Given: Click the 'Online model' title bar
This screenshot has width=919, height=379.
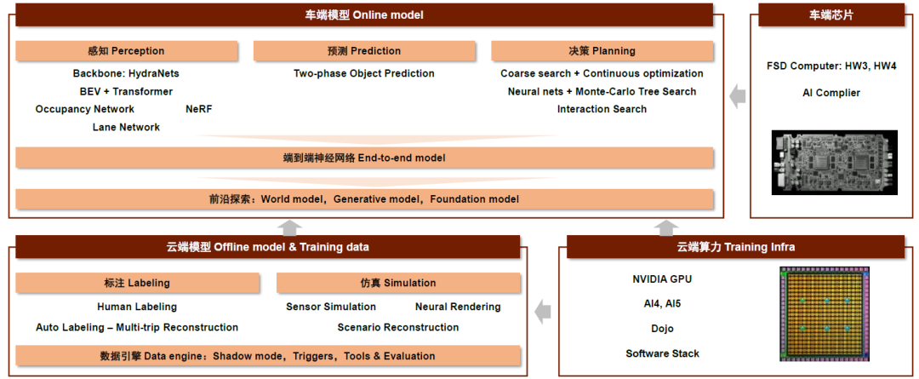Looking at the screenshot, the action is [364, 15].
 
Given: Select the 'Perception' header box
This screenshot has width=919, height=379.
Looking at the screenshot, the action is [127, 51].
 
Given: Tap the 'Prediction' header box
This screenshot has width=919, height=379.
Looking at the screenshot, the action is [364, 51].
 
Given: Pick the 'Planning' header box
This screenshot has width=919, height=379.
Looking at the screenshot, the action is [602, 51].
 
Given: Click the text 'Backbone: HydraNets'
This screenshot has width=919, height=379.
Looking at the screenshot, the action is [126, 73].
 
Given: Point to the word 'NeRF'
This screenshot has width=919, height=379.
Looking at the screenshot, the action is [198, 109].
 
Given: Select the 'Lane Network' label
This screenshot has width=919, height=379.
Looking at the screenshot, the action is [126, 127].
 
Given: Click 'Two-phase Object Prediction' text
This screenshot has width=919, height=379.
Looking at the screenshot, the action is [364, 73].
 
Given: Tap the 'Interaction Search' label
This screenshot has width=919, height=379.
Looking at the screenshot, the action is [602, 109].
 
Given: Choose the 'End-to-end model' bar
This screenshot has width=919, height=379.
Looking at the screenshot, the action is [364, 158].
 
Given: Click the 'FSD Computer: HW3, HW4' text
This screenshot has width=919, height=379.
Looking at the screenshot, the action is [831, 66].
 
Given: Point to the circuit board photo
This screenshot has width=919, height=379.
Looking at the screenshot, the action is [835, 163].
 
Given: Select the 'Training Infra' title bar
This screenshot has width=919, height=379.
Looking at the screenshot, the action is [735, 247].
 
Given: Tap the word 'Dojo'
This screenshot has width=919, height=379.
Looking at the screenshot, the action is [662, 329].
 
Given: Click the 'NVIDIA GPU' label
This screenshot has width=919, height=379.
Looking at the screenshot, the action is [662, 279].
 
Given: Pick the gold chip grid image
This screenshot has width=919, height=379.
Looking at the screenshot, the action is [824, 314].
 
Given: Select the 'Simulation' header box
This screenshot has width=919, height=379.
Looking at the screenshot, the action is [398, 283].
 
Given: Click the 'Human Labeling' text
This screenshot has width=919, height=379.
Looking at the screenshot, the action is [137, 307].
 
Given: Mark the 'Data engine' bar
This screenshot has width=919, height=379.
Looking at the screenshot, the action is [268, 356].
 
